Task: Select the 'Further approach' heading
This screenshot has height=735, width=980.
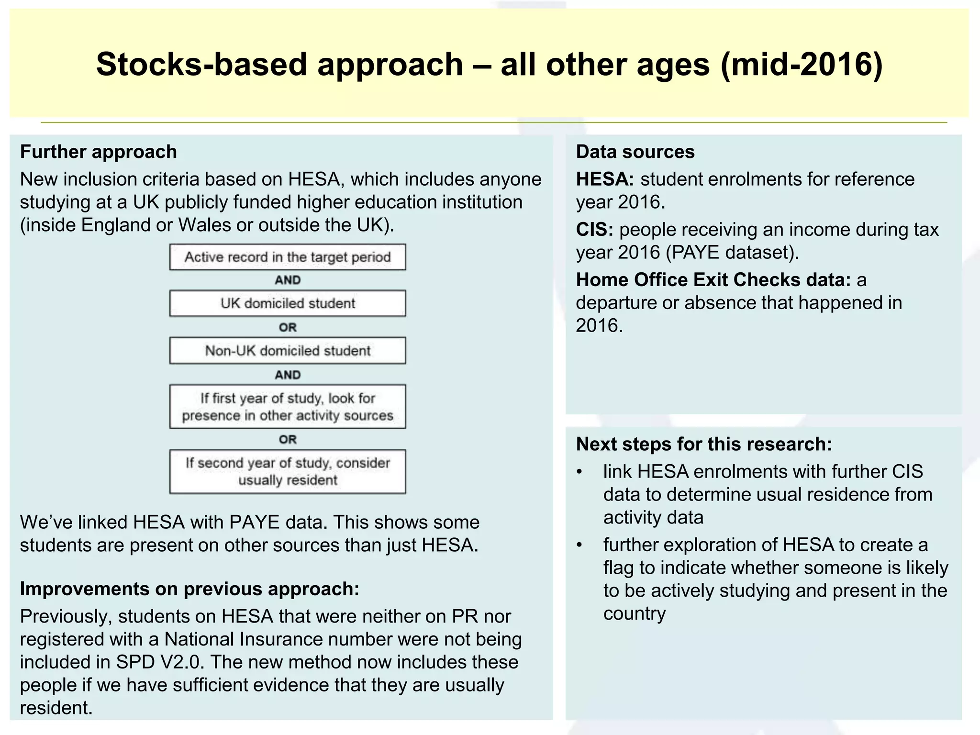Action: coord(99,152)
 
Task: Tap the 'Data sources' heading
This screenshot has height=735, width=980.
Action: coord(635,152)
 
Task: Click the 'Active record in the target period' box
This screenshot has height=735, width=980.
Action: coord(288,257)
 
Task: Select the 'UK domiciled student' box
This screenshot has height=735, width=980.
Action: coord(288,303)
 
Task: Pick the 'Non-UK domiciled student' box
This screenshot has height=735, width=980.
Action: coord(288,351)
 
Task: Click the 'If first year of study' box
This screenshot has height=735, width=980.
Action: coord(288,406)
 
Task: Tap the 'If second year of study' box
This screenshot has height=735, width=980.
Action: coord(288,471)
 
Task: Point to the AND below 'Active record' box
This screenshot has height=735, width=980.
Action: coord(288,280)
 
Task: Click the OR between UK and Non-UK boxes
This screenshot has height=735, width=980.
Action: coord(288,328)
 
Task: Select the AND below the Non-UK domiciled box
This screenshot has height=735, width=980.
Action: coord(288,375)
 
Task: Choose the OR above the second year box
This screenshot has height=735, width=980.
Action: coord(288,439)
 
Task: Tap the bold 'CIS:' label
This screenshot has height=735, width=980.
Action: coord(594,230)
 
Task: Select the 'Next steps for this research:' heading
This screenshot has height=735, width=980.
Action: coord(704,445)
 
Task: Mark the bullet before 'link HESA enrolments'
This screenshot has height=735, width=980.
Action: coord(579,472)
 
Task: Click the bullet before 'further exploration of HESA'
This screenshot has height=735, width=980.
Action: coord(579,546)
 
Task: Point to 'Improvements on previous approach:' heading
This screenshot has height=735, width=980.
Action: coord(189,589)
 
